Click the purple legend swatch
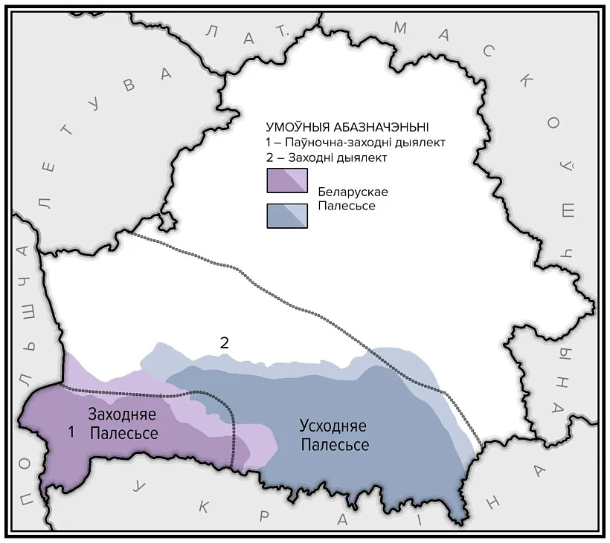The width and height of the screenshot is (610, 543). click(x=286, y=181)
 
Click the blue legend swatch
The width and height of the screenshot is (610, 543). click(x=286, y=215)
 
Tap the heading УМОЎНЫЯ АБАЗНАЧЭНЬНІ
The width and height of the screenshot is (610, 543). click(x=347, y=127)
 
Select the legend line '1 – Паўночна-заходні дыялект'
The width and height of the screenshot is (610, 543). click(x=359, y=143)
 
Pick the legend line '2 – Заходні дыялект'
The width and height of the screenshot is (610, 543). click(x=327, y=157)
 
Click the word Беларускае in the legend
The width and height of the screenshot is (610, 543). click(x=353, y=192)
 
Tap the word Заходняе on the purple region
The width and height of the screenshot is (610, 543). click(x=123, y=414)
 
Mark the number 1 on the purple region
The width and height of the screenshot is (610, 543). click(x=71, y=431)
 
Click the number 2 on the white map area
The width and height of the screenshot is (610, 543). click(x=223, y=342)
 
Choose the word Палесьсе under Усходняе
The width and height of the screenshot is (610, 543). click(x=334, y=445)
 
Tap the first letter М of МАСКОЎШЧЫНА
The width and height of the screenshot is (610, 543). click(x=400, y=28)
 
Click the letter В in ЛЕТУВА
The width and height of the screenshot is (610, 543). click(x=129, y=84)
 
